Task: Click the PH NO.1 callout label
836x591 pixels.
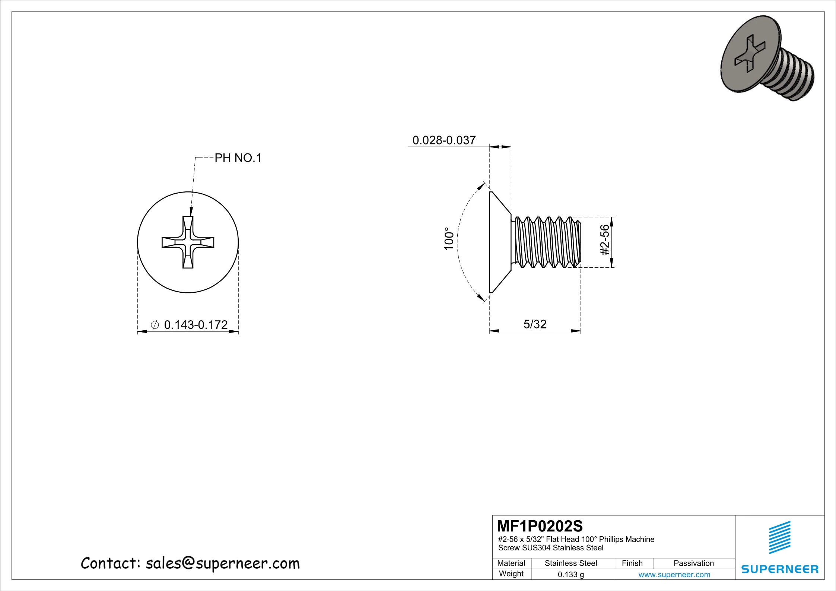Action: coord(238,158)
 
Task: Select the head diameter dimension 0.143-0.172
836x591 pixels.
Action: coord(196,325)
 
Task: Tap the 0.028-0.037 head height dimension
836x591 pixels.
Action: coord(444,140)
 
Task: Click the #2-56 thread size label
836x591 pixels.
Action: coord(605,240)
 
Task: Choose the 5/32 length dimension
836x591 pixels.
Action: coord(535,324)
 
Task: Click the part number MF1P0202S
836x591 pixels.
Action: coord(540,526)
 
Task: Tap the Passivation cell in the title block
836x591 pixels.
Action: coord(693,563)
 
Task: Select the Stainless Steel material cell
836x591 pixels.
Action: coord(570,563)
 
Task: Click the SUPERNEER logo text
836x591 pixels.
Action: coord(780,569)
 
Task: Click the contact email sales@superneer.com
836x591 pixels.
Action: coord(222,563)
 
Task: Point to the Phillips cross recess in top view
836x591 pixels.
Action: coord(188,242)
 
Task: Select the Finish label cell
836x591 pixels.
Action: coord(632,563)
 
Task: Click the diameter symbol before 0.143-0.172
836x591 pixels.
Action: coord(155,325)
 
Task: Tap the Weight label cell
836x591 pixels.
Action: coord(511,574)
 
